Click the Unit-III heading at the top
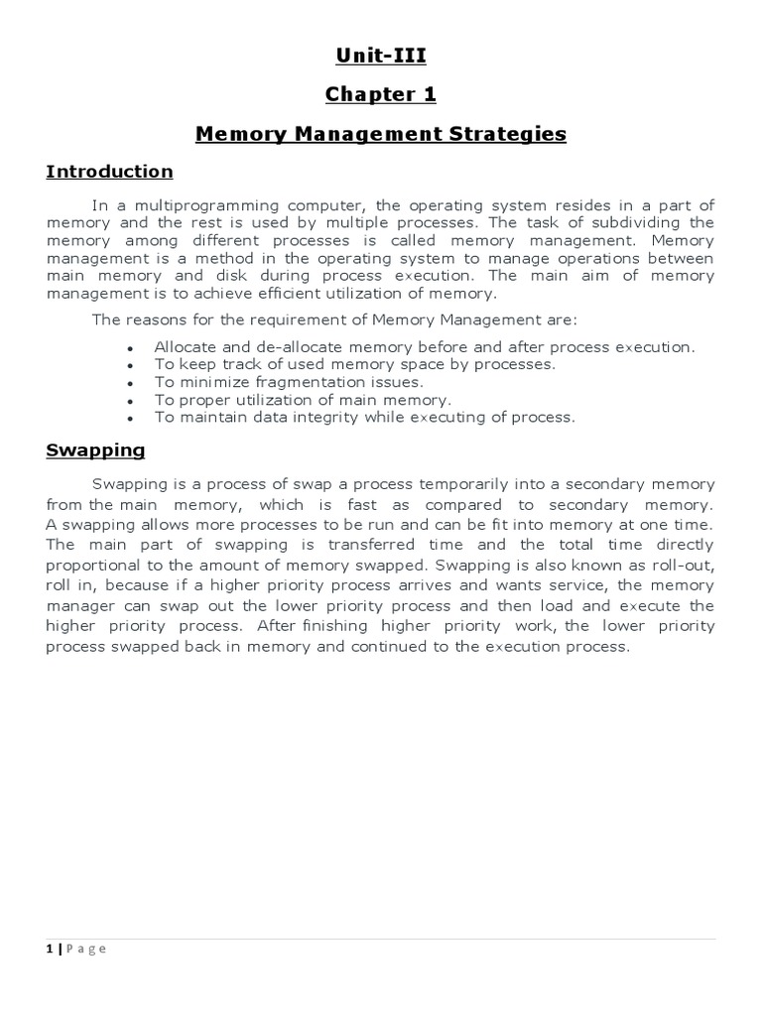coord(381,57)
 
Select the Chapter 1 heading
coord(381,94)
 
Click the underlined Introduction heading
coord(109,172)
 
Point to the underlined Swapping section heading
coord(95,450)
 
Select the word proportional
coord(92,564)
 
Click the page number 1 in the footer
coord(50,950)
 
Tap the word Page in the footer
coord(85,950)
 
